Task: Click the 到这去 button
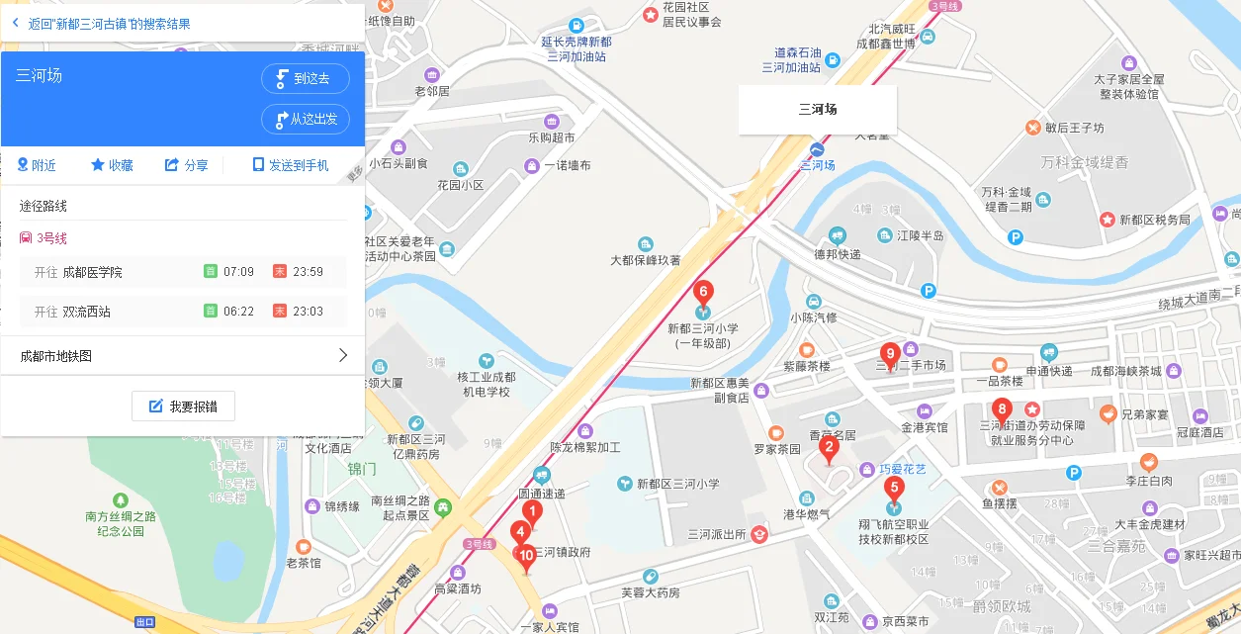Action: tap(306, 79)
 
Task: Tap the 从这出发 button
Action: tap(306, 119)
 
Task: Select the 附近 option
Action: tap(37, 165)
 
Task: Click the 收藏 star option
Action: tap(112, 165)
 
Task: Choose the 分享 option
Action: tap(186, 165)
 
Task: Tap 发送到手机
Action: tap(291, 165)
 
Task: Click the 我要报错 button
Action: tap(183, 407)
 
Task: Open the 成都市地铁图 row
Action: tap(183, 356)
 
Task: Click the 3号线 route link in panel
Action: tap(51, 238)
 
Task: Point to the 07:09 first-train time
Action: tap(238, 272)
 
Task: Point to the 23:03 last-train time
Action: tap(309, 312)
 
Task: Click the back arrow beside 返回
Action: tap(15, 23)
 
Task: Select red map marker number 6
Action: tap(703, 293)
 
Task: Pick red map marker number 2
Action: tap(829, 447)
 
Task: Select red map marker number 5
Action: tap(894, 488)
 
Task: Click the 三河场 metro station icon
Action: tap(817, 148)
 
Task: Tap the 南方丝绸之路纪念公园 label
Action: tap(121, 523)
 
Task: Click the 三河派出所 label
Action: tap(717, 535)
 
